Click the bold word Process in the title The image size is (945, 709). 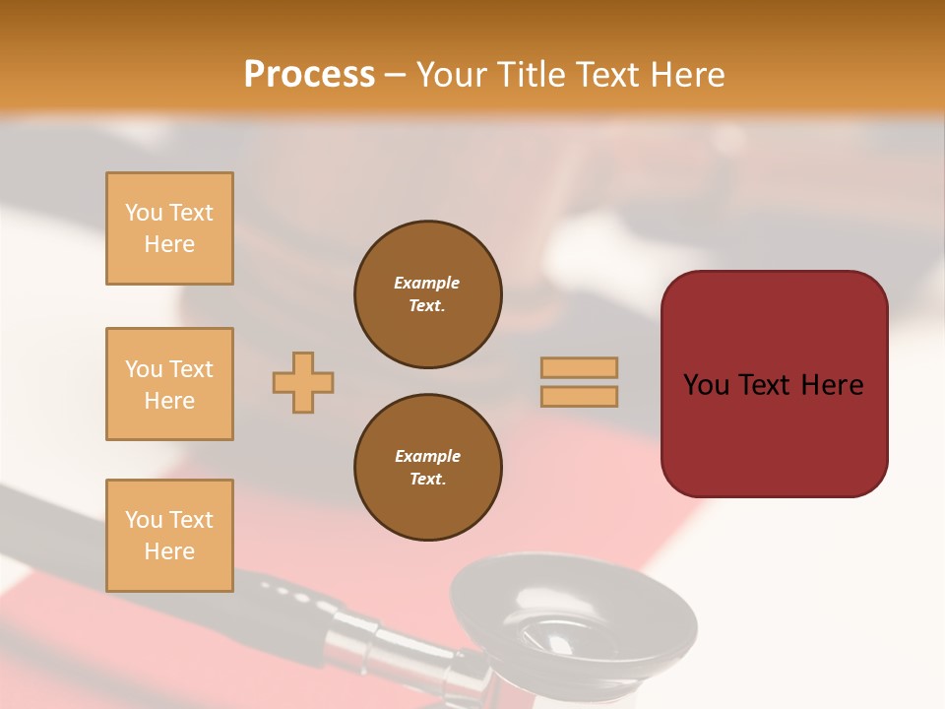coord(309,75)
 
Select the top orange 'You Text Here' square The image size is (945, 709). coord(169,228)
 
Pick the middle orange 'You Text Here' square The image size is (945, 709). coord(169,384)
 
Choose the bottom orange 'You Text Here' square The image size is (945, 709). coord(169,536)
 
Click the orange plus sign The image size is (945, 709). coord(303,382)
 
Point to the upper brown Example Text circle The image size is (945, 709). coord(427,294)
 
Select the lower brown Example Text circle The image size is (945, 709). coord(427,468)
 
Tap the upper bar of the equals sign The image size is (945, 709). coord(579,367)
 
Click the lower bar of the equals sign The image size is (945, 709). coord(579,396)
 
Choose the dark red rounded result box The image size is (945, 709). coord(774,433)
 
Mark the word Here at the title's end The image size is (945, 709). coord(686,75)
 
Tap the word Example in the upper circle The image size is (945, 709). coord(427,283)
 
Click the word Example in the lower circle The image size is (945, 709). coord(427,456)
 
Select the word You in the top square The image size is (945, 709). coord(144,213)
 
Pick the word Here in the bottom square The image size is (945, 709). coord(169,551)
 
